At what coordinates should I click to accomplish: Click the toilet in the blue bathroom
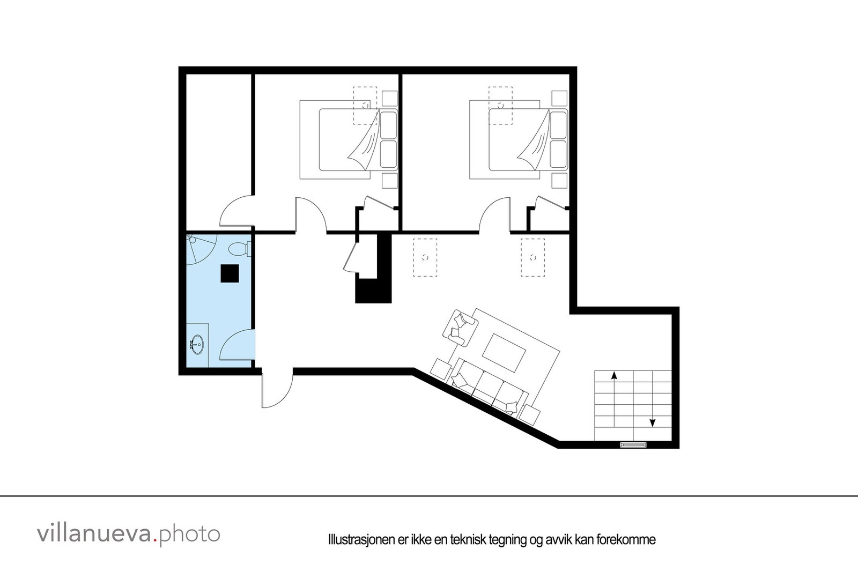pyautogui.click(x=238, y=249)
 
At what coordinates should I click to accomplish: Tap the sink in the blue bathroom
pyautogui.click(x=197, y=344)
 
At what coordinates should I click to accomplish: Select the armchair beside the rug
pyautogui.click(x=460, y=326)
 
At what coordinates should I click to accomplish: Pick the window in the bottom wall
pyautogui.click(x=634, y=444)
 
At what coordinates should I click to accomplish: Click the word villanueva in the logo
pyautogui.click(x=94, y=534)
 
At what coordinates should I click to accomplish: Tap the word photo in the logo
pyautogui.click(x=190, y=534)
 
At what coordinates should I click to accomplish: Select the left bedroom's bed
pyautogui.click(x=349, y=139)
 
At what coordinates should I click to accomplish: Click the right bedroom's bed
pyautogui.click(x=518, y=139)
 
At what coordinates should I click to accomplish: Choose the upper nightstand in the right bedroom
pyautogui.click(x=559, y=99)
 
